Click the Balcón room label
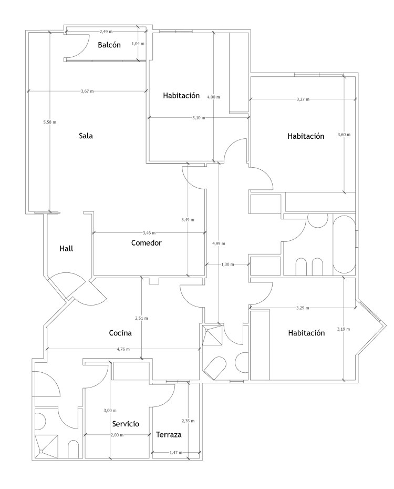[109, 45]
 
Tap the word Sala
[86, 136]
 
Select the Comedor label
[147, 242]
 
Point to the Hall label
[66, 249]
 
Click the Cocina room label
[120, 333]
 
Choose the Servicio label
[126, 424]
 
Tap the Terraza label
[169, 434]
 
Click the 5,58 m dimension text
[50, 122]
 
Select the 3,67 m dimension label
[87, 91]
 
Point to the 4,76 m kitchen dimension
[123, 349]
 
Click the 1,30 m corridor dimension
[227, 264]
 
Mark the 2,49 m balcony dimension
[106, 32]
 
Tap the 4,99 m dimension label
[219, 243]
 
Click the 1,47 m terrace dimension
[176, 453]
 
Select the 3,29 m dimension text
[303, 308]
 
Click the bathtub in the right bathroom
[344, 244]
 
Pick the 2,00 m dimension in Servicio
[117, 435]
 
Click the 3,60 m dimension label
[344, 135]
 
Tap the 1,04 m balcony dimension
[138, 44]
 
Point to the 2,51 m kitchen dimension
[141, 318]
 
